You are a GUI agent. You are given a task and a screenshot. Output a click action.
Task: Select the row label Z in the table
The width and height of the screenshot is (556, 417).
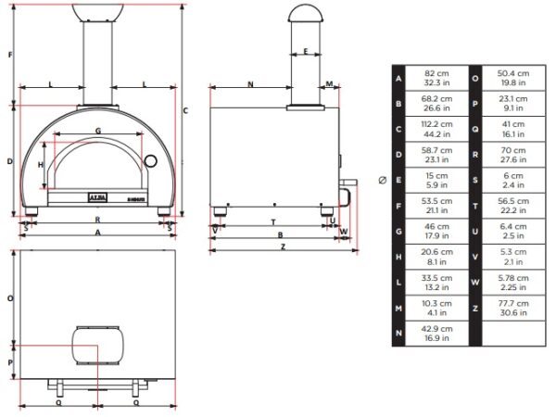click(x=475, y=308)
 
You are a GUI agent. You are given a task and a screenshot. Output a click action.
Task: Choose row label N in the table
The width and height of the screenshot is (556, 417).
click(x=398, y=334)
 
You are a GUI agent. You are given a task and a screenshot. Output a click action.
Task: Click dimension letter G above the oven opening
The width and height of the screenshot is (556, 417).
click(x=98, y=131)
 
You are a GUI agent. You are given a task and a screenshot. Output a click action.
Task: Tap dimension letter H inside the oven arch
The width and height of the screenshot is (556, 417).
click(x=41, y=164)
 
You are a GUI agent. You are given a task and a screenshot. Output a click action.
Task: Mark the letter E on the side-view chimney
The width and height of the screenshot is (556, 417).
click(x=305, y=53)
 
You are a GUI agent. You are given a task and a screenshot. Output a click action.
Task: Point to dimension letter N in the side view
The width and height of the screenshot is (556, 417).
click(x=250, y=84)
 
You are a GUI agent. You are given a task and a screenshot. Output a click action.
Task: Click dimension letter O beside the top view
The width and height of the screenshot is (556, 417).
click(x=9, y=298)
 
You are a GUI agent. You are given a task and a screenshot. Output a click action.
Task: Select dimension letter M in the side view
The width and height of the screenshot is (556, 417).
click(x=331, y=84)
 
